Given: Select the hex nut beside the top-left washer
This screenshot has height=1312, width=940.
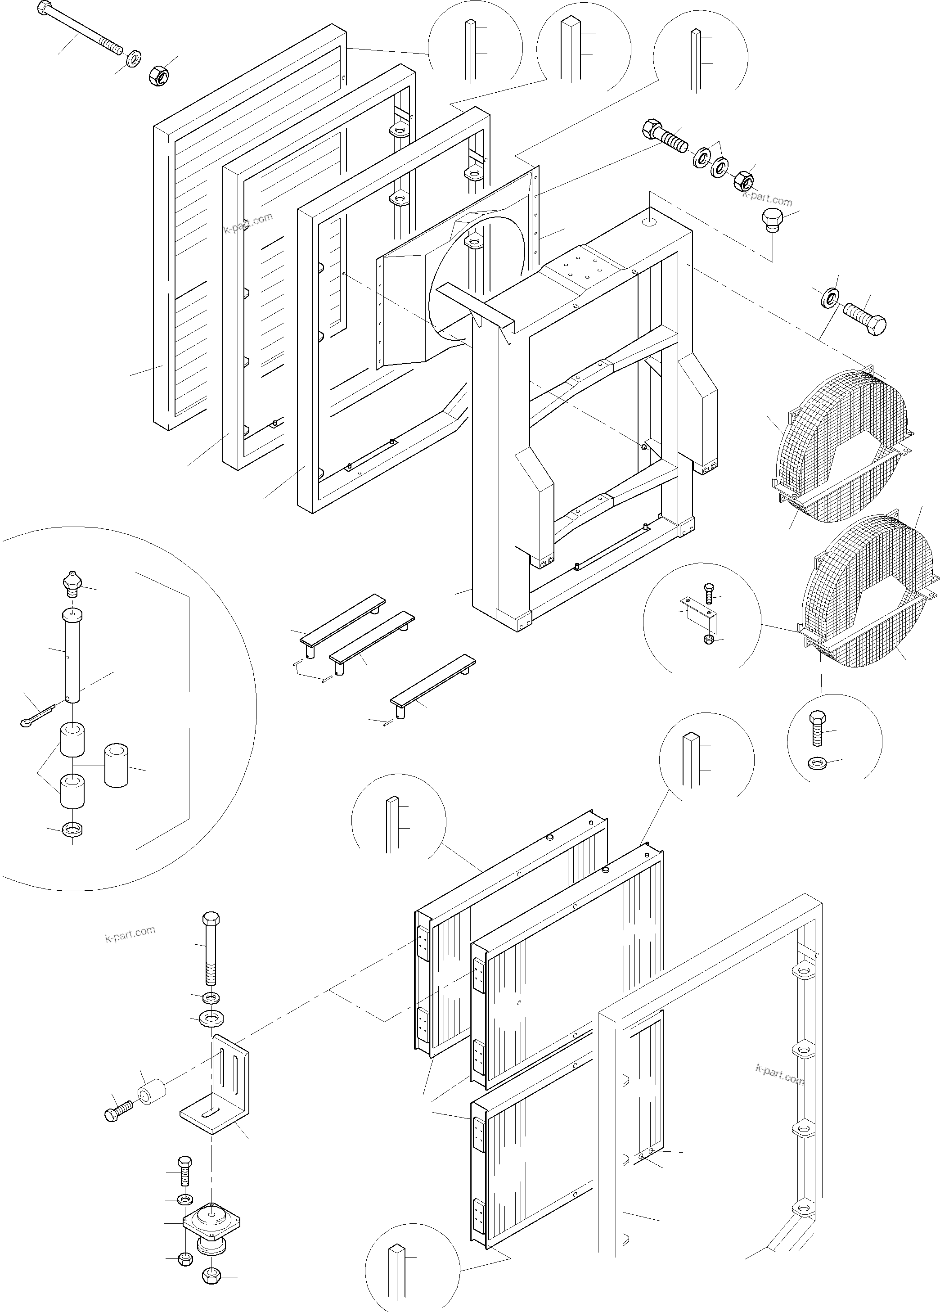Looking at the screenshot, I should (x=157, y=76).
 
